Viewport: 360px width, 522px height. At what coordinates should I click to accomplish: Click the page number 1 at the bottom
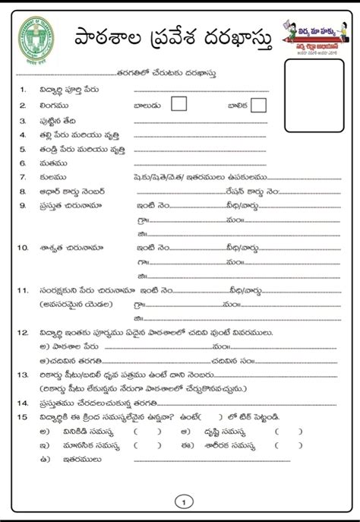click(x=180, y=500)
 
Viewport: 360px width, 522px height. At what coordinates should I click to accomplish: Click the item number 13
click(x=25, y=375)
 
